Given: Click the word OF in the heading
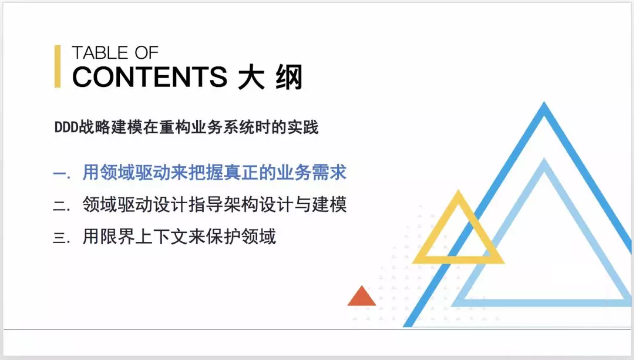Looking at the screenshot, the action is click(x=146, y=53).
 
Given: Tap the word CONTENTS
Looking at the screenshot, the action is click(x=150, y=77).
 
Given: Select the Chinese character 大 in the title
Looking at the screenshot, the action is click(x=251, y=77).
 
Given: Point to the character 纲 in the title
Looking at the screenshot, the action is click(x=289, y=77).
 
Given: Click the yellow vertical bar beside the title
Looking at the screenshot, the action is click(x=58, y=66).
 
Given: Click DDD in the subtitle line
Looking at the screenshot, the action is click(x=66, y=127).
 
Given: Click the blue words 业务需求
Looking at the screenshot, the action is click(x=312, y=172).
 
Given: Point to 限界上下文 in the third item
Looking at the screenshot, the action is click(x=144, y=236).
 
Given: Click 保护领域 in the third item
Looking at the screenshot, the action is click(x=241, y=236).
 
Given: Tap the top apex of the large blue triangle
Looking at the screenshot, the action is click(x=544, y=102).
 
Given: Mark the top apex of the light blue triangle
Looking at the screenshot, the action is click(x=544, y=159).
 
